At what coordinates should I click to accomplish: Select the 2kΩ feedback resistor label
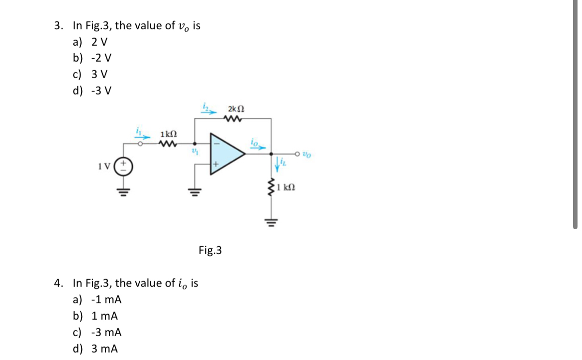pyautogui.click(x=236, y=109)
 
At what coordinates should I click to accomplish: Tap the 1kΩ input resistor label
pyautogui.click(x=168, y=135)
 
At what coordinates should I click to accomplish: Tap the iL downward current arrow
pyautogui.click(x=280, y=162)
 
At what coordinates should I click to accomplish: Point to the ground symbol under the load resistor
pyautogui.click(x=272, y=221)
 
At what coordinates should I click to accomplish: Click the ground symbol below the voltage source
pyautogui.click(x=123, y=191)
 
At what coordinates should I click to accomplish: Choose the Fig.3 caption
pyautogui.click(x=210, y=250)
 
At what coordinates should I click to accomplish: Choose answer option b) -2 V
pyautogui.click(x=92, y=58)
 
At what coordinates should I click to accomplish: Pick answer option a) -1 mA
pyautogui.click(x=97, y=300)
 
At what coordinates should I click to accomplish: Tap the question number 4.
pyautogui.click(x=59, y=283)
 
